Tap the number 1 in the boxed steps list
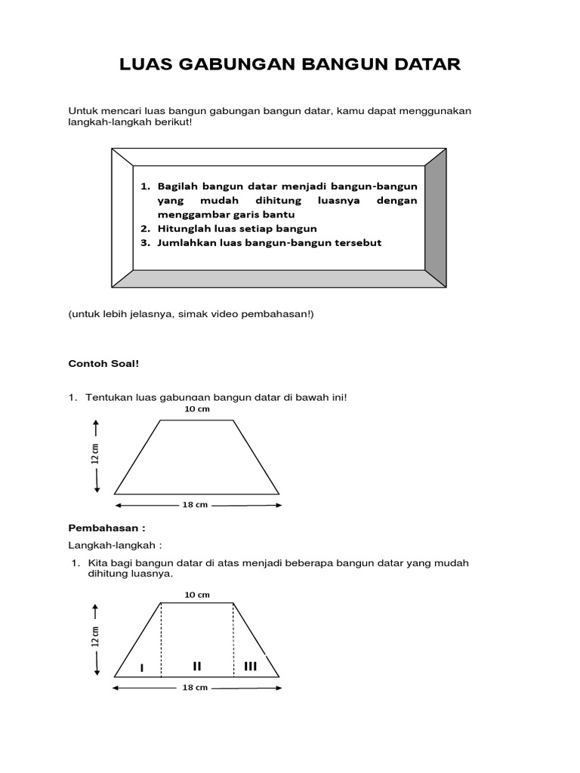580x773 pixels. [144, 186]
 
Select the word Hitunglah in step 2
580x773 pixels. [184, 228]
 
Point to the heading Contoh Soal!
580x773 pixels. [104, 363]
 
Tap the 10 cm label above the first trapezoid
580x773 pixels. [197, 409]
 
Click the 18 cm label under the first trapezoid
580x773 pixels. [196, 505]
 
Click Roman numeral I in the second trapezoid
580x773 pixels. [142, 667]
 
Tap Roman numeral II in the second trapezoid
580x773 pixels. [197, 666]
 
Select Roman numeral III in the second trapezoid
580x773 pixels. [251, 666]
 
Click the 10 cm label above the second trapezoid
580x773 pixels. [197, 595]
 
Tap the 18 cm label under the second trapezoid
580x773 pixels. [195, 688]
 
